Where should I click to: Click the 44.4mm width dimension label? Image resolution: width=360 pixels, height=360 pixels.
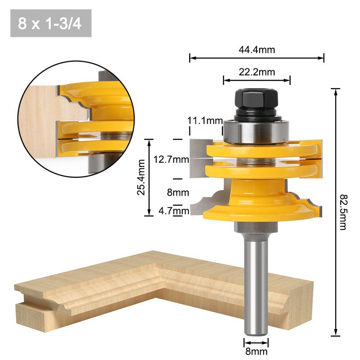(x=256, y=50)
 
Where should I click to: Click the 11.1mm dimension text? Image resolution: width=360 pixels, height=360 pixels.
(x=205, y=121)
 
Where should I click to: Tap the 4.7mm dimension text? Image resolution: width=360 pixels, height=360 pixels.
(x=173, y=210)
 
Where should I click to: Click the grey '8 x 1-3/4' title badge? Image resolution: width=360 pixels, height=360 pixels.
(x=50, y=23)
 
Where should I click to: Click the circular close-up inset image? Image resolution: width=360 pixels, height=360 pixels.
(x=76, y=119)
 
